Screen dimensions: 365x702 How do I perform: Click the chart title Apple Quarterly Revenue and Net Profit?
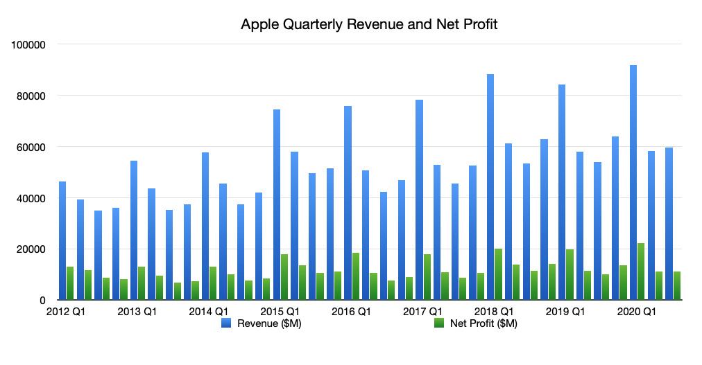369,25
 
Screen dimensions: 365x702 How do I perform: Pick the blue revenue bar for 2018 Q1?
490,187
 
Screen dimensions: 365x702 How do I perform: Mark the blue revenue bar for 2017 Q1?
419,200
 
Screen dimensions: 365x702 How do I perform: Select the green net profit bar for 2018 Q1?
498,274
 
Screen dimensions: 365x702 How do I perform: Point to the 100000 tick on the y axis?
28,44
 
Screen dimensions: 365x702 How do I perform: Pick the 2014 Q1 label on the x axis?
209,312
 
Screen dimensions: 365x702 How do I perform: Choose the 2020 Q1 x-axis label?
637,312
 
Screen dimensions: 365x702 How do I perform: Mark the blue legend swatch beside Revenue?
226,323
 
